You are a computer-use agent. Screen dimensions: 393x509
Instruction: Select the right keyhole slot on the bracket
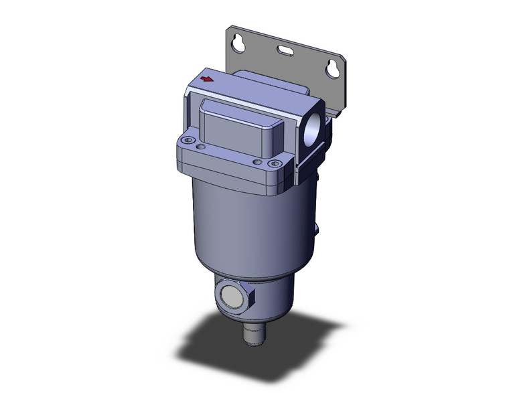coord(332,68)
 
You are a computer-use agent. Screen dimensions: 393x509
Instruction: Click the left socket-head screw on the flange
coord(188,141)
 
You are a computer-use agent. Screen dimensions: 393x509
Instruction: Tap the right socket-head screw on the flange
coord(272,163)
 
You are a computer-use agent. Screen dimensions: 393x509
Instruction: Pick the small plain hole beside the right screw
coord(257,161)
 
